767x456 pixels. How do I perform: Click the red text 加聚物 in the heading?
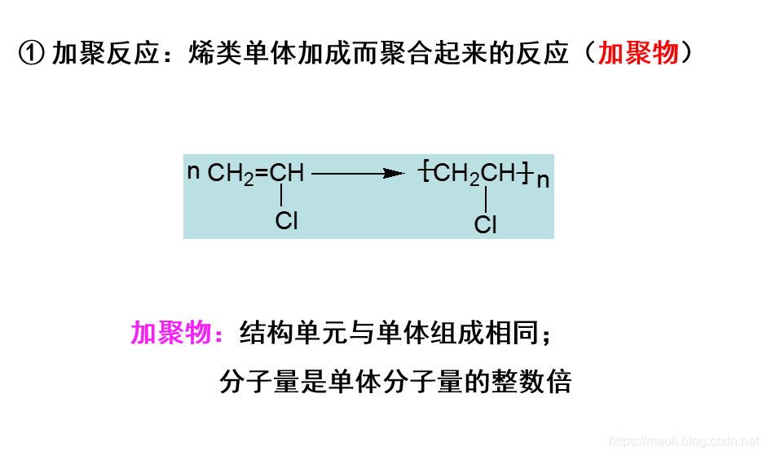click(x=638, y=54)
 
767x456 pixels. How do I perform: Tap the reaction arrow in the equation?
click(x=359, y=173)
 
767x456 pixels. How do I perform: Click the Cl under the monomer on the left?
click(x=286, y=220)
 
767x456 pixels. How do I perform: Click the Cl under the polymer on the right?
click(x=485, y=224)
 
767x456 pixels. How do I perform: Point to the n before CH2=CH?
click(x=193, y=172)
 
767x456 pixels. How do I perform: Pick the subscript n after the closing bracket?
click(x=544, y=180)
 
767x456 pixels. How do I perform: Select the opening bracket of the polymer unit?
click(x=426, y=173)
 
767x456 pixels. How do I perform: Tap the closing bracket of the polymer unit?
click(x=528, y=173)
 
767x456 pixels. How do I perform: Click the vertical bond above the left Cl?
click(x=281, y=196)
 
